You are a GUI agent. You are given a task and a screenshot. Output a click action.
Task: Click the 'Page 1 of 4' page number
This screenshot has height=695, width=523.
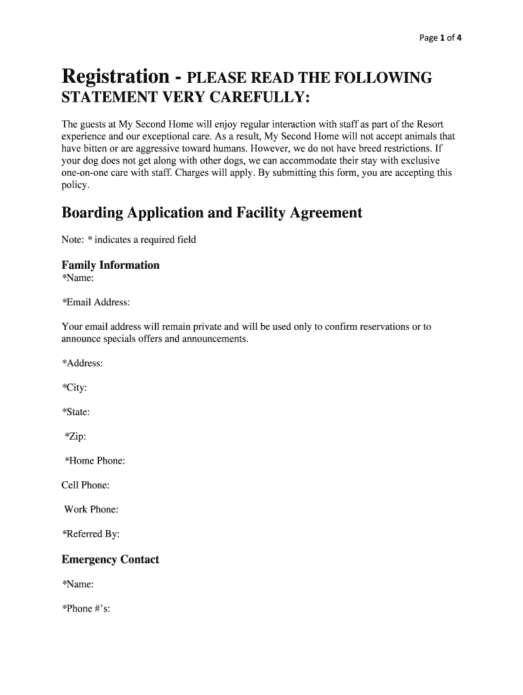(x=440, y=38)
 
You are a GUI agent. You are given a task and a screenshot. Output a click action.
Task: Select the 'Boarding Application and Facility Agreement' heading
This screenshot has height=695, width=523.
(x=212, y=213)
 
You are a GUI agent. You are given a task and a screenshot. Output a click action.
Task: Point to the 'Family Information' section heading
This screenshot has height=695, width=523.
(x=111, y=265)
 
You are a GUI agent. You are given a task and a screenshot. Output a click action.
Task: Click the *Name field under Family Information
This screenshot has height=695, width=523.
(x=78, y=278)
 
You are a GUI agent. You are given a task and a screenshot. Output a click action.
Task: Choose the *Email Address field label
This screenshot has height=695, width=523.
(x=96, y=302)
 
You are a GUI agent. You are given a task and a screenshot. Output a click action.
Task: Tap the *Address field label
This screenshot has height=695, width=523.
(x=82, y=363)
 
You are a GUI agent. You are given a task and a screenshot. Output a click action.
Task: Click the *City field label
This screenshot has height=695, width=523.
(x=74, y=388)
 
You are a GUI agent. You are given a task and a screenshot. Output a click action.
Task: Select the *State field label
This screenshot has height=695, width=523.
(x=76, y=412)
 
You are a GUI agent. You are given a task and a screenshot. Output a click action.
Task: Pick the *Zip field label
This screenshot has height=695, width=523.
(x=75, y=436)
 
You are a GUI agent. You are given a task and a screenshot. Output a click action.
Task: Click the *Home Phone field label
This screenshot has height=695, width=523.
(x=94, y=461)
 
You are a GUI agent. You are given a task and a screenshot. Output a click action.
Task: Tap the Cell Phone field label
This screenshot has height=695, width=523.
(x=86, y=485)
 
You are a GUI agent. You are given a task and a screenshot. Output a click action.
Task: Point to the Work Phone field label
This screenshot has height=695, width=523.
(x=91, y=509)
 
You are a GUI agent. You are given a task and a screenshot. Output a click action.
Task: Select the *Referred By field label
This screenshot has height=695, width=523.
(x=90, y=534)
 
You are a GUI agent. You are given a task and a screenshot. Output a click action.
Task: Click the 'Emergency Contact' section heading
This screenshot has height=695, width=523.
(x=110, y=559)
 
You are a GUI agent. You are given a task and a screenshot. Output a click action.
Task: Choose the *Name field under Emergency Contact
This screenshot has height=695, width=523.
(x=78, y=584)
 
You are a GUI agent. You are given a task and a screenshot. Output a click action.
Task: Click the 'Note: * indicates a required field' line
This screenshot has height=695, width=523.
(x=129, y=240)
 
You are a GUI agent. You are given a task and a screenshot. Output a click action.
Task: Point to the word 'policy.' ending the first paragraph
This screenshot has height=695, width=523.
(x=75, y=185)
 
